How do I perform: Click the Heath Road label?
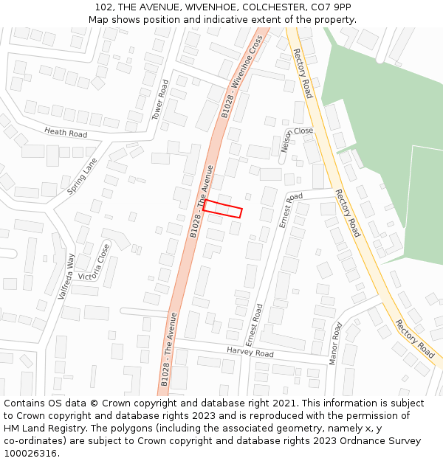click(66, 133)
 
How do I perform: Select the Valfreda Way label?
click(67, 276)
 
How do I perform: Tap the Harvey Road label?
click(250, 353)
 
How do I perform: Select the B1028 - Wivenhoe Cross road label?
click(243, 77)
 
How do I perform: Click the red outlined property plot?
click(223, 209)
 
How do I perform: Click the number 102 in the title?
click(105, 7)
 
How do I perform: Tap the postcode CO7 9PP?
click(331, 7)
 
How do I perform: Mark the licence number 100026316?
click(31, 454)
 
